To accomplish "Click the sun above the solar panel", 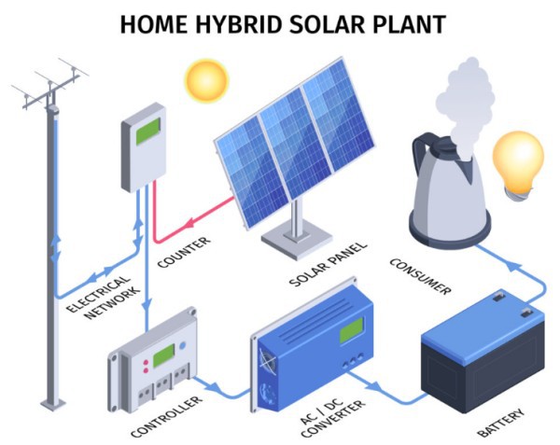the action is coord(206,81).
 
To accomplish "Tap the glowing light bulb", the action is coord(518,165).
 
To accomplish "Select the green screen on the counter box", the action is coord(147,131).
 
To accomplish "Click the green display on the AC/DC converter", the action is coord(351,330).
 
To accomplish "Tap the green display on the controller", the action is coord(163,355).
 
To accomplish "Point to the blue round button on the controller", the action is coord(183,345).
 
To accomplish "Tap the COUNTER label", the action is coord(184,253).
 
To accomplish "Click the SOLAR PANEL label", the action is coord(328,264).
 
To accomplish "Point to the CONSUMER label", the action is coord(420,277).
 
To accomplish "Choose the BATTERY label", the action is coord(501,423).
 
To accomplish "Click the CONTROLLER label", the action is coord(166,416).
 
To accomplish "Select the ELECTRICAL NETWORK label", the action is coord(103,297).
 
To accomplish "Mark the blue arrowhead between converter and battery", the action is coord(373,385).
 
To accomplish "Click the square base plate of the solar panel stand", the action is coord(297,239).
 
